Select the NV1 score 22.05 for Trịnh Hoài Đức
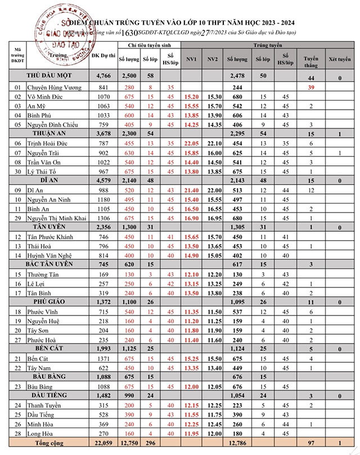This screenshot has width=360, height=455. (191, 143)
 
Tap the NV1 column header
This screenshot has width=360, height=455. (191, 58)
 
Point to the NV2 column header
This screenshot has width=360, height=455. (212, 58)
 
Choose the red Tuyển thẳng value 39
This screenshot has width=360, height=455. (310, 88)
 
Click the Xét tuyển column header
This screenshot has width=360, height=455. (340, 58)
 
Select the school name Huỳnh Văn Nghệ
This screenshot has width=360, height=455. (54, 255)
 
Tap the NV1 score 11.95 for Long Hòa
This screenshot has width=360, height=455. (191, 434)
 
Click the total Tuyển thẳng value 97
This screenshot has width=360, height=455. (310, 443)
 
